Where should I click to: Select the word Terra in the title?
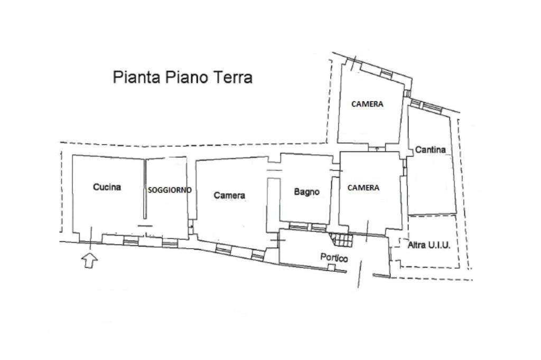[x=232, y=77]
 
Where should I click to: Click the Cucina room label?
[x=107, y=187]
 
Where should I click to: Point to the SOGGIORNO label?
[x=169, y=190]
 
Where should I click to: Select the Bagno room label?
[x=306, y=192]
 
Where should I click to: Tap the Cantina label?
[x=430, y=149]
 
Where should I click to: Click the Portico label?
[x=334, y=258]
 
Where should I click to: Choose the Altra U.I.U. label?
[x=429, y=245]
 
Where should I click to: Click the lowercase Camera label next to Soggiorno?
[x=229, y=195]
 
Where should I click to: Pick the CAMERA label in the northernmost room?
[x=367, y=104]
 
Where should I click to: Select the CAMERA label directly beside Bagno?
[x=363, y=187]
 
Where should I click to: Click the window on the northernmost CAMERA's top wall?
[x=387, y=73]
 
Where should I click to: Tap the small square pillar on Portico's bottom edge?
[x=331, y=267]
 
